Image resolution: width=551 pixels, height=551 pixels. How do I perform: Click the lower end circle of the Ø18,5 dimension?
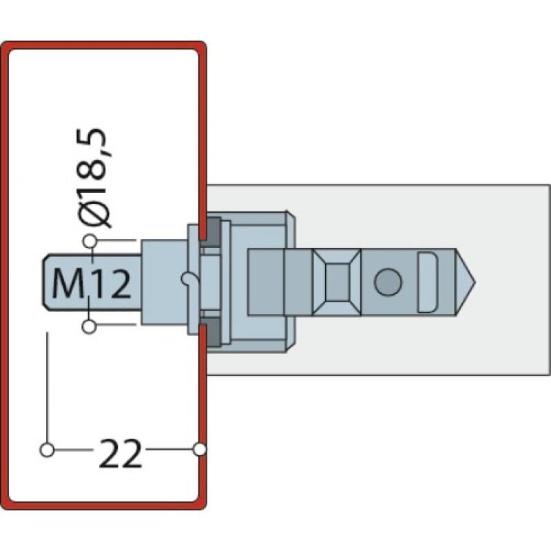(89, 326)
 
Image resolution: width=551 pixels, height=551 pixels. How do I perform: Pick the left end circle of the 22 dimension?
(47, 450)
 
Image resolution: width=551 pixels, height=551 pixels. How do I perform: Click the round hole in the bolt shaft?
(388, 282)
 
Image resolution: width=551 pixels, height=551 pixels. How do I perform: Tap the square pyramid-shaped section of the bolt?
(337, 282)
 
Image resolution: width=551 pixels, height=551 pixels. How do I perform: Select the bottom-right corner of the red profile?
(201, 504)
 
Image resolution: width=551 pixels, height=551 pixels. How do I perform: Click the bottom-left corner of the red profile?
(7, 504)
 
